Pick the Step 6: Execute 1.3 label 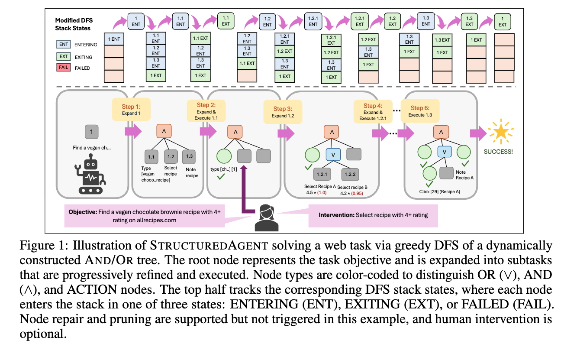[x=420, y=111]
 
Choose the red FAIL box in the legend [x=63, y=68]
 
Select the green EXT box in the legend [x=63, y=57]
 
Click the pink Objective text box [x=145, y=216]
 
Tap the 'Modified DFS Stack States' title [x=74, y=25]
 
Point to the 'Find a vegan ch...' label [x=92, y=148]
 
